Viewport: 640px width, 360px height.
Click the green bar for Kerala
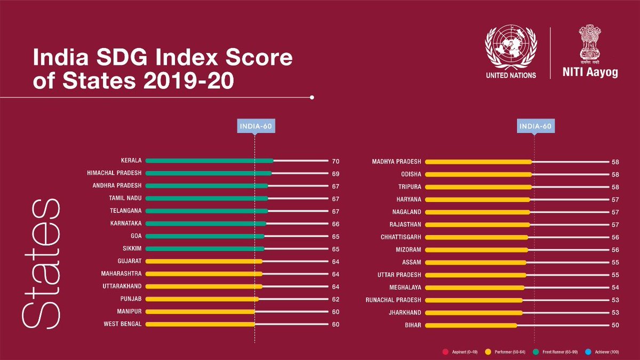[x=209, y=161]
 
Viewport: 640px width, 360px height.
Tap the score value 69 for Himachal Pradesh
[x=335, y=174]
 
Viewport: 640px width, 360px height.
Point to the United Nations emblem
[x=510, y=49]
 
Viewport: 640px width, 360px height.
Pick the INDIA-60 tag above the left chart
[x=255, y=126]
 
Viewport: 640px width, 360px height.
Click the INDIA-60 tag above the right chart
[x=534, y=126]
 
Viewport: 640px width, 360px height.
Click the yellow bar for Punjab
[x=202, y=299]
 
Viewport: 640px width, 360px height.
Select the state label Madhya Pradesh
[x=396, y=161]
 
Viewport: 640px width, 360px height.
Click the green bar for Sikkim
[x=205, y=249]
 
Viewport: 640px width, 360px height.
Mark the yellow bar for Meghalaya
[x=475, y=287]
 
